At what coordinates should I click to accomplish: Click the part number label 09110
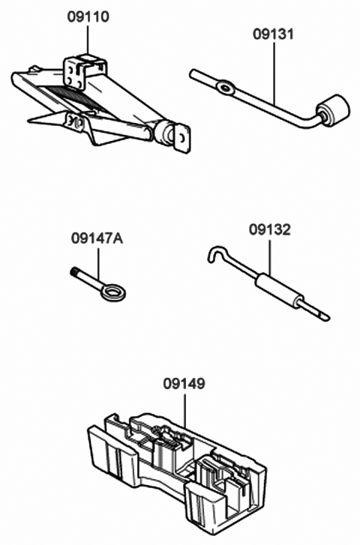click(x=88, y=16)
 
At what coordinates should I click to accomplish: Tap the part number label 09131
click(x=274, y=34)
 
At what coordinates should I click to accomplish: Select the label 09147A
click(x=97, y=238)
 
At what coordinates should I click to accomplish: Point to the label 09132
click(x=269, y=229)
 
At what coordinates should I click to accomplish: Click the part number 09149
click(x=184, y=384)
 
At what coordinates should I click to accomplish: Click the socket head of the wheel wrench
click(x=333, y=109)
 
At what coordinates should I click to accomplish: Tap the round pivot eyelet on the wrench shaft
click(x=226, y=88)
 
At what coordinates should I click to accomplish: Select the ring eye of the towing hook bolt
click(x=113, y=292)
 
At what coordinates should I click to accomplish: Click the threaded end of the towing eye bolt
click(x=73, y=272)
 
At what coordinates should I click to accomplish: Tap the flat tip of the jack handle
click(x=323, y=316)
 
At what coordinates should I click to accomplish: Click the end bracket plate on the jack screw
click(x=183, y=138)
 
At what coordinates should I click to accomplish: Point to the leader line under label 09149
click(x=184, y=411)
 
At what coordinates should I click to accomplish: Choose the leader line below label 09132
click(x=269, y=256)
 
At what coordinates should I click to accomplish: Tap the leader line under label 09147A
click(x=98, y=264)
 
